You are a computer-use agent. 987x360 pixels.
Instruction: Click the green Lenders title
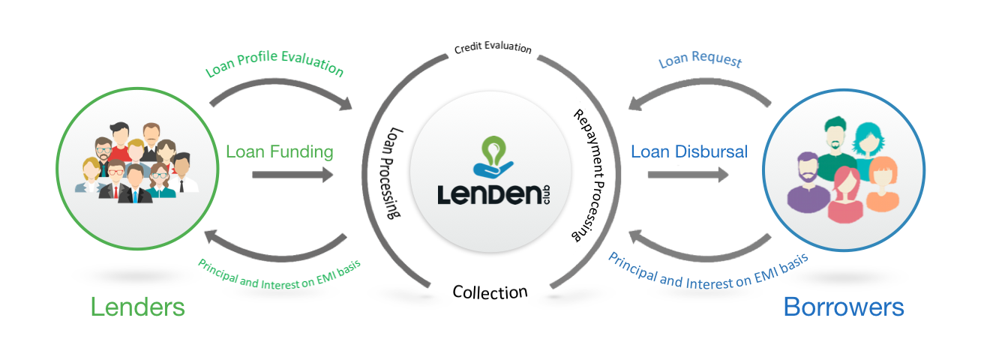tap(137, 307)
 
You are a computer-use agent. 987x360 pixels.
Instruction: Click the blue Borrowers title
tap(843, 307)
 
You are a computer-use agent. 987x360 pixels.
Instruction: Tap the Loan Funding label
tap(279, 151)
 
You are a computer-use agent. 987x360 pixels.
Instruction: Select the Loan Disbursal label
tap(689, 151)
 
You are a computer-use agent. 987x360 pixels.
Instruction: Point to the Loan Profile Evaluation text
tap(274, 65)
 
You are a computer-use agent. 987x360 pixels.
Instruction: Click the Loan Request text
tap(700, 60)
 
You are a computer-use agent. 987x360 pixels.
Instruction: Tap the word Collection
tap(490, 291)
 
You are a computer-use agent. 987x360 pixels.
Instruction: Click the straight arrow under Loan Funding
tap(292, 175)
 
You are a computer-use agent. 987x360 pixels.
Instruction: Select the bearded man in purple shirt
tap(808, 183)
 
